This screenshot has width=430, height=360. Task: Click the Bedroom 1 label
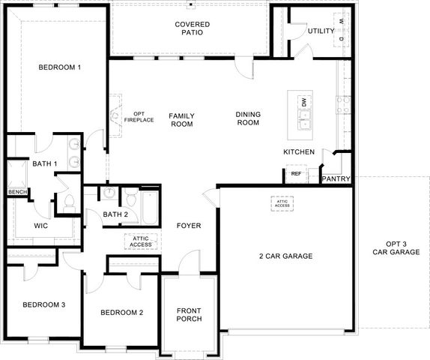click(x=59, y=68)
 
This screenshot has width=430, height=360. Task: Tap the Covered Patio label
click(x=193, y=29)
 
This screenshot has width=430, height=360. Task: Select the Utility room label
click(x=321, y=31)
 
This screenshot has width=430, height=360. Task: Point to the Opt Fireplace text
click(x=138, y=116)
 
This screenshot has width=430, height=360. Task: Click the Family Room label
click(x=181, y=120)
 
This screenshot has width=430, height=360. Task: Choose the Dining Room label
click(x=248, y=118)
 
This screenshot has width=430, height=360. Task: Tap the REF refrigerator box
click(x=296, y=174)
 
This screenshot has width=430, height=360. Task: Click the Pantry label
click(x=334, y=179)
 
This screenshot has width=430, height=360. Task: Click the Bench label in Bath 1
click(x=16, y=192)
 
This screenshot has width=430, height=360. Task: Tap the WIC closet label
click(x=42, y=226)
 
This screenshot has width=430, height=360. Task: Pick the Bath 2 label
click(x=115, y=215)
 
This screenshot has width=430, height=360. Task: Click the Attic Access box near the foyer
click(x=140, y=241)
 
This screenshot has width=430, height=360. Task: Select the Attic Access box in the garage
click(x=282, y=203)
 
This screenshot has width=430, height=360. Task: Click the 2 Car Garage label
click(x=285, y=256)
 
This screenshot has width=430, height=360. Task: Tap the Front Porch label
click(x=189, y=314)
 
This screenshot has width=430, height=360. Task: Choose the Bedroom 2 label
click(x=121, y=312)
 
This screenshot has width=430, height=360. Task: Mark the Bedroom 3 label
click(x=43, y=304)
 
